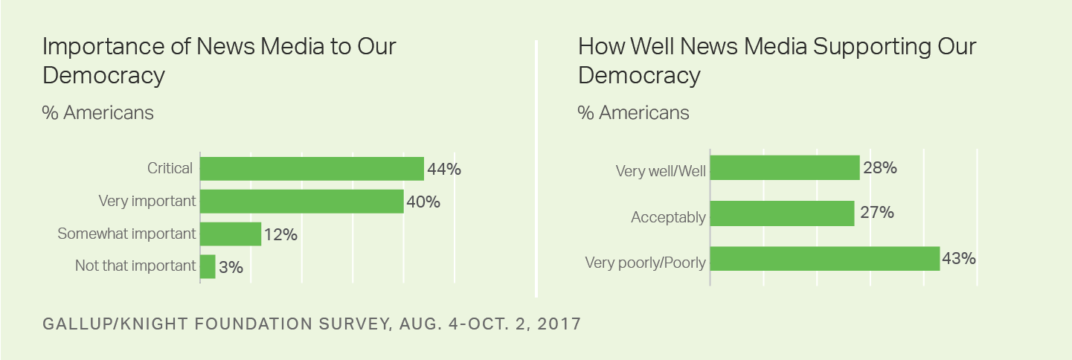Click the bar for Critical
(312, 169)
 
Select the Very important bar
(301, 202)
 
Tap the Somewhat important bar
(231, 234)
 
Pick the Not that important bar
(208, 266)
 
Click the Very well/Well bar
(785, 168)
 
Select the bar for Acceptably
(782, 213)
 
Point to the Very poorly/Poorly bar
(824, 259)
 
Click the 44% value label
(444, 169)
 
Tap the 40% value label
(423, 202)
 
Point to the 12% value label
(280, 234)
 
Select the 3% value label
(231, 266)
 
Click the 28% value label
(880, 168)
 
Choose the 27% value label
(876, 213)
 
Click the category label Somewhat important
(126, 234)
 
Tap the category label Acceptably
(668, 217)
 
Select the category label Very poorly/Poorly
(645, 263)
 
